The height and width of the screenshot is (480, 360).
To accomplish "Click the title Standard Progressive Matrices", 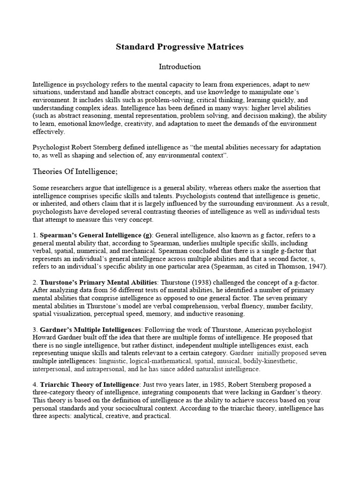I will click(x=180, y=47).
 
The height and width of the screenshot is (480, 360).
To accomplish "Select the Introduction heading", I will click(x=180, y=67).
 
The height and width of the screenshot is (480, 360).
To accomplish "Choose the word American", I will click(x=267, y=330).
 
